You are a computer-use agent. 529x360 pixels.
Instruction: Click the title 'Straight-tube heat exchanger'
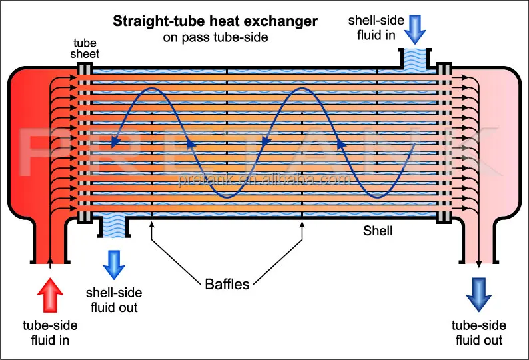click(215, 21)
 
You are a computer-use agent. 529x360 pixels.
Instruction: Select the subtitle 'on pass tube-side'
click(215, 37)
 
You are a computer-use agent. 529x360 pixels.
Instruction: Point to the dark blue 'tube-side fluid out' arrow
click(479, 294)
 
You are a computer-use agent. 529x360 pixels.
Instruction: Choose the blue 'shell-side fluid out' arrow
click(114, 265)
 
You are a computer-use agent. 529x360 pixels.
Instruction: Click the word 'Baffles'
click(227, 285)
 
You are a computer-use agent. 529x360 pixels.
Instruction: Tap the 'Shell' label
click(378, 231)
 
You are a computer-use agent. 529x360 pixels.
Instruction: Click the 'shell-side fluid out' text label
click(114, 300)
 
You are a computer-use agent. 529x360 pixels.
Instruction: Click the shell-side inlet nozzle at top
click(416, 57)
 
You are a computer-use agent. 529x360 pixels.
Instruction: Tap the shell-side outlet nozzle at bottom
click(113, 228)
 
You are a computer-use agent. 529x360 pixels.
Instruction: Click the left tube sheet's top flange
click(84, 69)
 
